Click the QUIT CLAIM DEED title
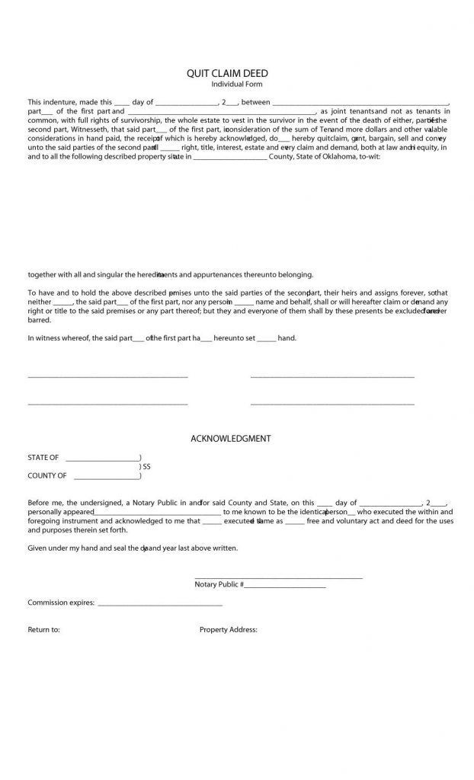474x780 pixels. pyautogui.click(x=227, y=73)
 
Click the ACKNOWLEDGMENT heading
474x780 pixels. pyautogui.click(x=230, y=439)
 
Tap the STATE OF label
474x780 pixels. pyautogui.click(x=43, y=458)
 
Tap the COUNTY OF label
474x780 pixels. pyautogui.click(x=47, y=476)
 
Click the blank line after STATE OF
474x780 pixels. pyautogui.click(x=102, y=459)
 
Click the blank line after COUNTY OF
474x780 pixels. pyautogui.click(x=107, y=477)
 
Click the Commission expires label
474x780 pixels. pyautogui.click(x=61, y=603)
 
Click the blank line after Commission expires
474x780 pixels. pyautogui.click(x=160, y=603)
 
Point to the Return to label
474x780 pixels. pyautogui.click(x=43, y=630)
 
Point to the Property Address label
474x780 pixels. pyautogui.click(x=229, y=630)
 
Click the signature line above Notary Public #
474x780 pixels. pyautogui.click(x=278, y=578)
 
